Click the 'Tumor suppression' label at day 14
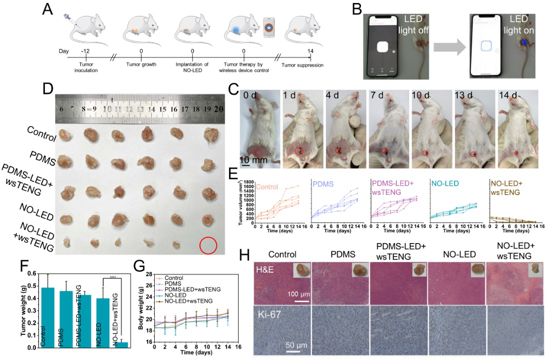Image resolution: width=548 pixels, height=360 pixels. click(x=302, y=65)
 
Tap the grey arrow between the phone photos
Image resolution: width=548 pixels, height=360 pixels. click(x=449, y=48)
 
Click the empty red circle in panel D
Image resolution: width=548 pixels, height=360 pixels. click(x=208, y=246)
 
